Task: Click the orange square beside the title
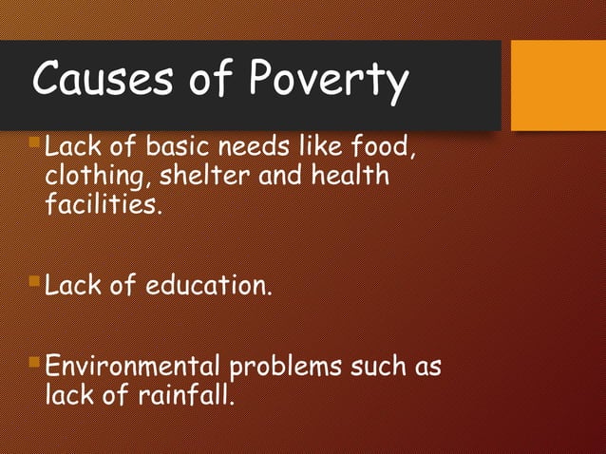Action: [x=558, y=85]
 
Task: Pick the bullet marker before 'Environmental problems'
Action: [x=35, y=362]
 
